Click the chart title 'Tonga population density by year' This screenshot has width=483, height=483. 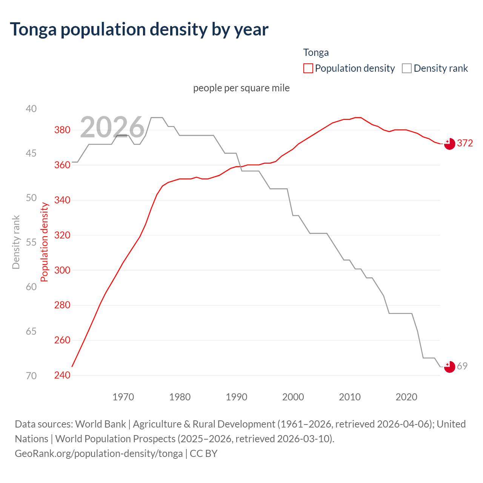[x=139, y=29]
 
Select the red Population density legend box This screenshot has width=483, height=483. [x=308, y=68]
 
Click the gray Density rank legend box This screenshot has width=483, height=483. [x=406, y=68]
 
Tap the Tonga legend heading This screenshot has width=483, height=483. [x=316, y=52]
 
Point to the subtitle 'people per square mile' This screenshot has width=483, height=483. [x=241, y=88]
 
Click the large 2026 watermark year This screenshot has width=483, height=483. [x=112, y=127]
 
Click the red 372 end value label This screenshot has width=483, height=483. [x=465, y=143]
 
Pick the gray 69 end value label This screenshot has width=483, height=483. [x=462, y=366]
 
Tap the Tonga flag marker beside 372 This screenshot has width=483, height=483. [x=449, y=144]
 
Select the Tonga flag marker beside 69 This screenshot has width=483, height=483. [x=449, y=367]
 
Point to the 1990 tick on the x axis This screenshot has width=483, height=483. [x=237, y=397]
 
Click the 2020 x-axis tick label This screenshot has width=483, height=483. [x=406, y=397]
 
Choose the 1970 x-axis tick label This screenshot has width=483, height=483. [x=123, y=397]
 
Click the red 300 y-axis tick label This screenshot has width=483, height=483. [x=62, y=270]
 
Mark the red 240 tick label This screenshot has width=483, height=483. [x=62, y=375]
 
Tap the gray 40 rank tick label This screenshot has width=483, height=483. [x=31, y=109]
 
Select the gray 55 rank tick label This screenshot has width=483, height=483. [x=31, y=242]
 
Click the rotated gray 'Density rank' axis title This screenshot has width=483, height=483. [x=16, y=242]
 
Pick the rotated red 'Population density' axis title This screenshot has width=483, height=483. [x=45, y=242]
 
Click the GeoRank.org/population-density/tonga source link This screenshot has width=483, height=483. [x=98, y=453]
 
